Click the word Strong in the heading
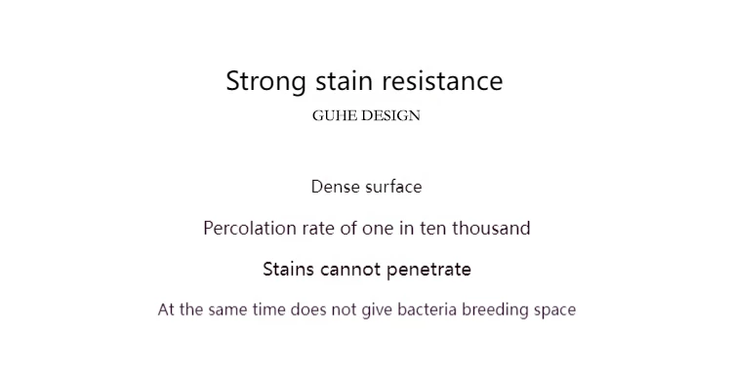[266, 82]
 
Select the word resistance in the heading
[442, 80]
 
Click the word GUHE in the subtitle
[334, 115]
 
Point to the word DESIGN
[390, 115]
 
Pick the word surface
[394, 187]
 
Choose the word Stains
[289, 270]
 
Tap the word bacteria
[427, 310]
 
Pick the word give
[377, 311]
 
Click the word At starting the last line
[166, 310]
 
